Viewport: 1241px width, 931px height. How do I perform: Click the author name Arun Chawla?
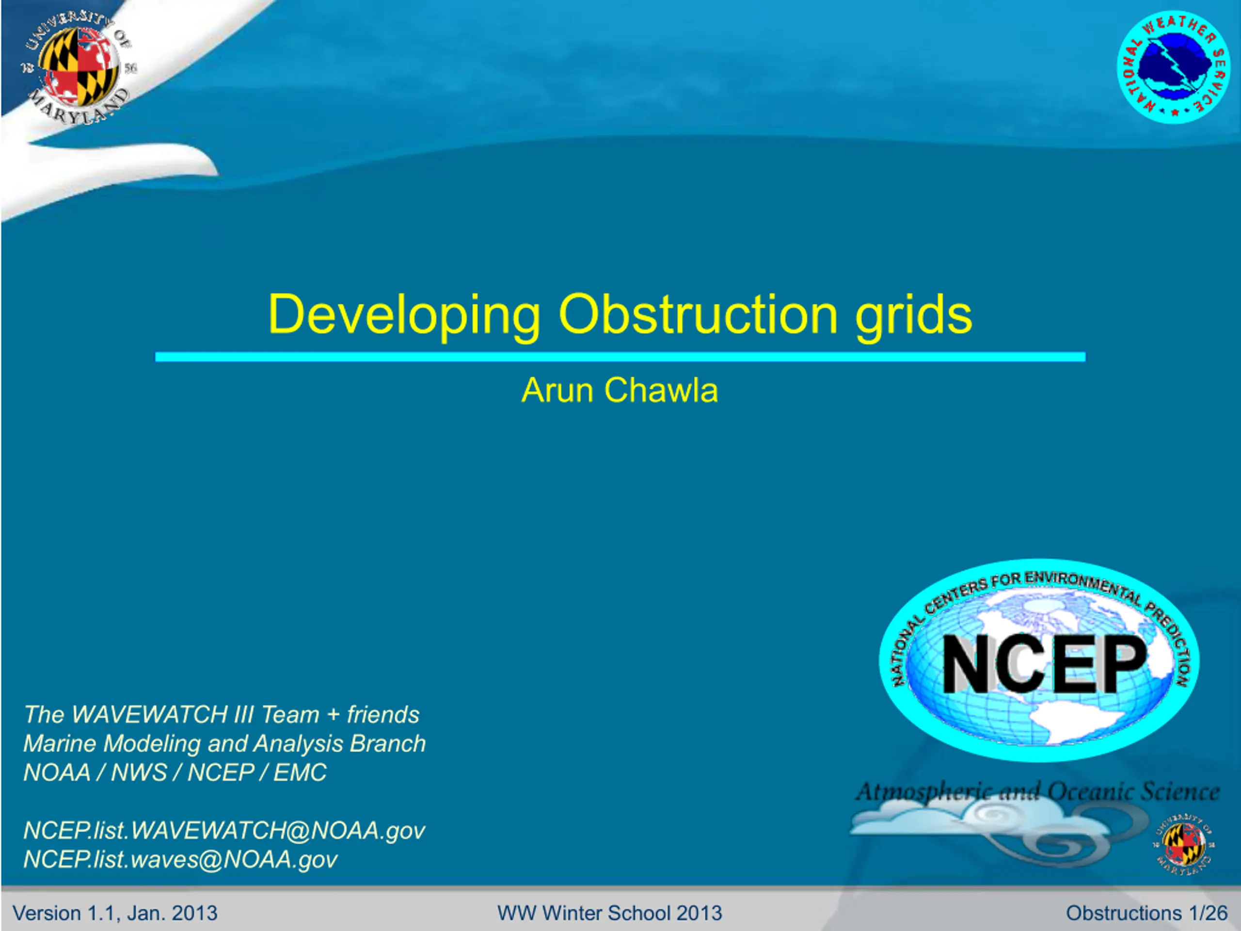[620, 390]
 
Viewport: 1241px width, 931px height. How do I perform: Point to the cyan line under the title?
[620, 357]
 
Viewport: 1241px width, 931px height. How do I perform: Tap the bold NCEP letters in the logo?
[1044, 664]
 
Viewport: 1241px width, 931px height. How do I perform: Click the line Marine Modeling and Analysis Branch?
[224, 743]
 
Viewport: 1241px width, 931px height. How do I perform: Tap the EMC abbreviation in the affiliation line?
[300, 772]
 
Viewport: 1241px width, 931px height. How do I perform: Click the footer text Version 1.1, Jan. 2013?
[115, 913]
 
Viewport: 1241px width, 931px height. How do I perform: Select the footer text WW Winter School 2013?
[609, 913]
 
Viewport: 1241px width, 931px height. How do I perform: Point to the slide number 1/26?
[1208, 913]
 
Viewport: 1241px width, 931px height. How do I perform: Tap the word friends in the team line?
[383, 714]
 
